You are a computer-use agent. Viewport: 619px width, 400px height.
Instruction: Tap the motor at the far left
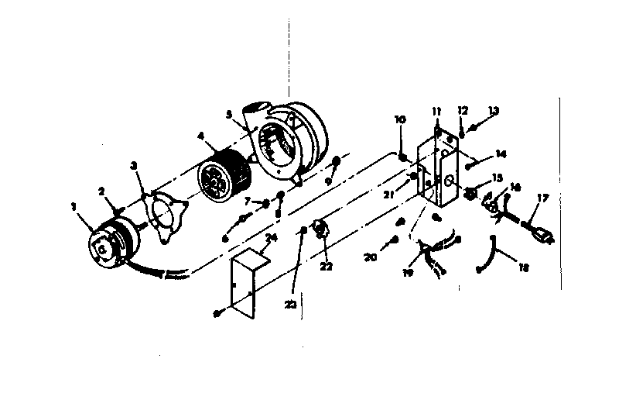pyautogui.click(x=109, y=242)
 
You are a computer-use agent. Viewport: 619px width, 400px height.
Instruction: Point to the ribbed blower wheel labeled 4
pyautogui.click(x=223, y=178)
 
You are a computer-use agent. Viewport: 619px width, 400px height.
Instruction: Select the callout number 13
pyautogui.click(x=494, y=111)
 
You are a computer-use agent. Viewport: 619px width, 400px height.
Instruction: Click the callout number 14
pyautogui.click(x=501, y=154)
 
